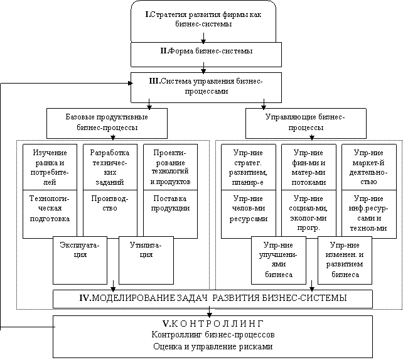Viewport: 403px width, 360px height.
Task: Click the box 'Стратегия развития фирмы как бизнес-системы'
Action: point(203,21)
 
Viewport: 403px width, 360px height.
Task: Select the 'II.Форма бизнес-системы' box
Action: point(206,55)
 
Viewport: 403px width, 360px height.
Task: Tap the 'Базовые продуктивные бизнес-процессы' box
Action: point(107,123)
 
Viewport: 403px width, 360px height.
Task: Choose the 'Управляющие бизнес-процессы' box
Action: point(306,123)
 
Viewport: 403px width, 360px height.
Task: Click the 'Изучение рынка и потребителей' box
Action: point(50,167)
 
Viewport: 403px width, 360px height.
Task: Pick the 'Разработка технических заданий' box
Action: point(110,167)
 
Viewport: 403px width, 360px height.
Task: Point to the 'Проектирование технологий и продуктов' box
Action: point(170,167)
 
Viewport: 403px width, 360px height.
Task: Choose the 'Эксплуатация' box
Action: point(80,260)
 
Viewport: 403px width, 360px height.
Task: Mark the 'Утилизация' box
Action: point(146,260)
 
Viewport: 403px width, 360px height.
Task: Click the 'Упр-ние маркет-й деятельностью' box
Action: point(369,167)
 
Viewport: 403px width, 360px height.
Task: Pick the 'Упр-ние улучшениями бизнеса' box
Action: point(279,260)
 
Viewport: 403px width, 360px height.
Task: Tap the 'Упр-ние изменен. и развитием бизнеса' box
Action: point(345,260)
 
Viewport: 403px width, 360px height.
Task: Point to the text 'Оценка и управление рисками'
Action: point(213,346)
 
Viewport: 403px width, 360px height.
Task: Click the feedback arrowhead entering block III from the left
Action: point(131,83)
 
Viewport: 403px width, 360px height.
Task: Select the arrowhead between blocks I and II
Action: point(203,41)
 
